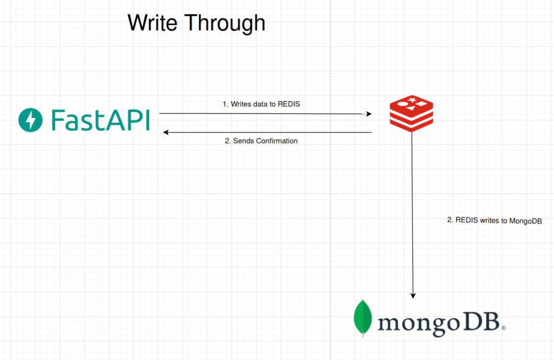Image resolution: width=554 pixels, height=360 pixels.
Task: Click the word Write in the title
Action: (152, 23)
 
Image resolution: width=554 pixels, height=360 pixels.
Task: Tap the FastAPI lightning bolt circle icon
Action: (30, 120)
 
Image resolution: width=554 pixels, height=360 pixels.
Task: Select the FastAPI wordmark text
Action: (101, 120)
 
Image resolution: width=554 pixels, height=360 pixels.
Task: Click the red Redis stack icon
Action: (411, 114)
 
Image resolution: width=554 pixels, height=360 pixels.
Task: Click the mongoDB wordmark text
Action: (439, 323)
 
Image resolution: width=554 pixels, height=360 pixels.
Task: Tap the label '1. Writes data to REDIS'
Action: (261, 104)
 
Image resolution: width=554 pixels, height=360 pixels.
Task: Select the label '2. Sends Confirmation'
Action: (261, 141)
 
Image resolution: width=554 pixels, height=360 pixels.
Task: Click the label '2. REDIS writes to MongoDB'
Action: (494, 220)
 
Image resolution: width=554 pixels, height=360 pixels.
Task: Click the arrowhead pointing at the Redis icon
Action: (369, 114)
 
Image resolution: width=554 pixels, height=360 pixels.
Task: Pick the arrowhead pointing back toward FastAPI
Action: (166, 132)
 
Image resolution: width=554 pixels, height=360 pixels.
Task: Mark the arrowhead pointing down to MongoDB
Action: (413, 296)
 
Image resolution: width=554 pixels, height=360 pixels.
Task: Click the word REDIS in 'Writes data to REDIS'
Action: (289, 104)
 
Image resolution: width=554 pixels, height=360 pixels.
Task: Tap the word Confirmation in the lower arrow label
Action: (276, 141)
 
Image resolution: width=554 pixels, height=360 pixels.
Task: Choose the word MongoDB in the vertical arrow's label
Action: (525, 221)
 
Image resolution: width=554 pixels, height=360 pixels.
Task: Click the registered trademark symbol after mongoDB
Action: (504, 328)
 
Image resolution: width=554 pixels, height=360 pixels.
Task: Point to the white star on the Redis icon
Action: (412, 100)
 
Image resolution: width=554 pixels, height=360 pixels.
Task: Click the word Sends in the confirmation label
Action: (244, 141)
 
